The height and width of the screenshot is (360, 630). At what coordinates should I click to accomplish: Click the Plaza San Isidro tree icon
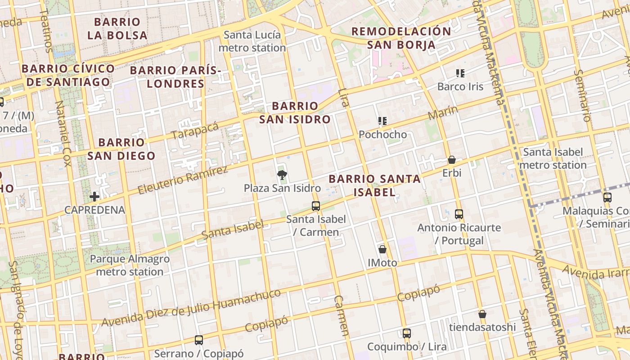pos(282,175)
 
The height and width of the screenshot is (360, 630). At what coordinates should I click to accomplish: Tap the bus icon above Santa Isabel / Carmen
pos(316,206)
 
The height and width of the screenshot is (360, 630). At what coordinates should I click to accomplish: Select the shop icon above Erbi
pos(452,160)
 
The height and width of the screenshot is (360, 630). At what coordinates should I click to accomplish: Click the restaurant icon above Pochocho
pos(382,121)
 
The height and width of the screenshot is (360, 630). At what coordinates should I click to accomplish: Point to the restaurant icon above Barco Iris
pos(460,73)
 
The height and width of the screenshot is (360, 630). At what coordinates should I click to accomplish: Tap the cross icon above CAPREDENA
pos(94,197)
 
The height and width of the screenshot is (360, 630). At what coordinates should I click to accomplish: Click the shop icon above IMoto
pos(382,249)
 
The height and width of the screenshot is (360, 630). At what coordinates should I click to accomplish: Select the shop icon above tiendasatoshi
pos(482,314)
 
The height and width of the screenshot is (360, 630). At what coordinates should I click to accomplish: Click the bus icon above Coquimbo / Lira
pos(407,333)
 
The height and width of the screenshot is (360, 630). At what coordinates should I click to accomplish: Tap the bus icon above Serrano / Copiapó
pos(198,340)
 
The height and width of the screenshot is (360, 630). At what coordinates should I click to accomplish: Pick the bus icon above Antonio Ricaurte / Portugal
pos(459,214)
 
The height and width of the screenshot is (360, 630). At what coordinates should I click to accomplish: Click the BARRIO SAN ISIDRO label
pos(295,112)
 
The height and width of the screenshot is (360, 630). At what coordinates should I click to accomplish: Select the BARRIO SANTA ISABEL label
pos(374,185)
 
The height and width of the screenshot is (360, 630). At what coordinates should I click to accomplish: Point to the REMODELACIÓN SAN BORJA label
pos(401,38)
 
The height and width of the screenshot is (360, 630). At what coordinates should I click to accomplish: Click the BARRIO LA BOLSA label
pos(117,28)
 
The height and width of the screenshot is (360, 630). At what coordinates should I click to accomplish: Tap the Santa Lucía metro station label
pos(252,41)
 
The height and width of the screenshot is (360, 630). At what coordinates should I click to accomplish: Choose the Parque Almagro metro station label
pos(130,265)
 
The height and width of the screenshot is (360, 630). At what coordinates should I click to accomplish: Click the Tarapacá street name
pos(195,130)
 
